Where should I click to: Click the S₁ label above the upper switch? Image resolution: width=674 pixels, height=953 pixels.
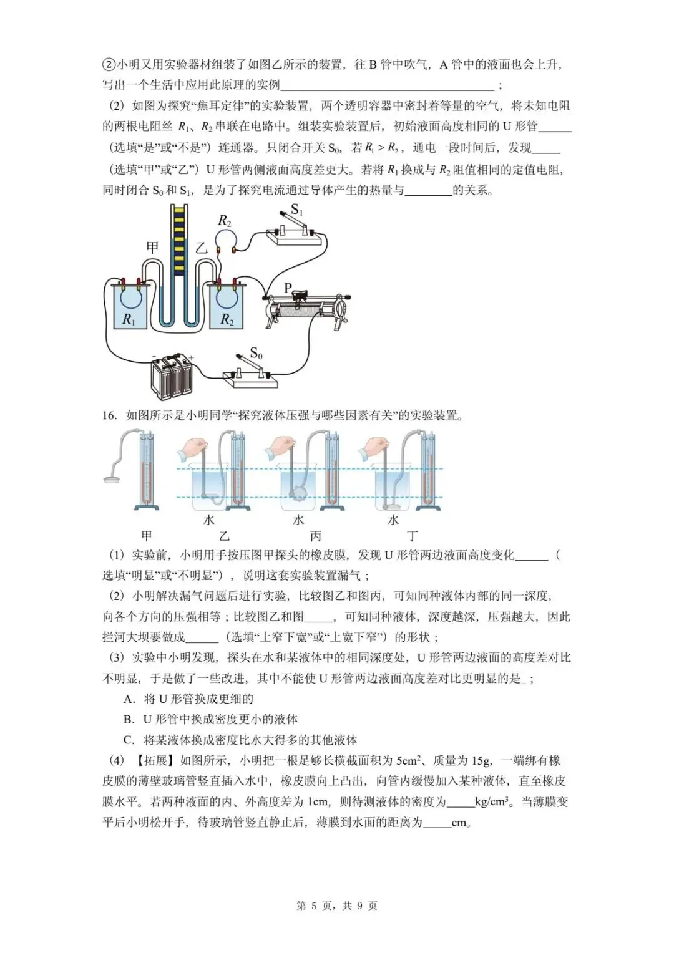click(297, 210)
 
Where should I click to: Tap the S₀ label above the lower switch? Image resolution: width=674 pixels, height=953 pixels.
click(256, 354)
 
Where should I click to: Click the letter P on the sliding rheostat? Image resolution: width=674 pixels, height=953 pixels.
click(288, 288)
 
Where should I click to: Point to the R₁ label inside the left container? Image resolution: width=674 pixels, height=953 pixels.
click(129, 320)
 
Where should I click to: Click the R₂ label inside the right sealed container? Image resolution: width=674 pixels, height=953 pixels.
click(227, 320)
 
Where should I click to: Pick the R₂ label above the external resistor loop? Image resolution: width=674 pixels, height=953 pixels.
click(224, 221)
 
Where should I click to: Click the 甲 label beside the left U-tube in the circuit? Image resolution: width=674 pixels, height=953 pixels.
click(152, 248)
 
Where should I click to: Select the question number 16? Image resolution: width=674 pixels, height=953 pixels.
click(109, 415)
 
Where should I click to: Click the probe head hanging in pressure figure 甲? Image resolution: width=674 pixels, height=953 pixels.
click(112, 479)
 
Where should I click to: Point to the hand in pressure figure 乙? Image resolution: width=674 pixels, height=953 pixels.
click(195, 447)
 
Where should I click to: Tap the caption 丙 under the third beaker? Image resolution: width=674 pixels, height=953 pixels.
click(316, 536)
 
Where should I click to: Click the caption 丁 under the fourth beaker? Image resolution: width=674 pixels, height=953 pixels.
click(413, 536)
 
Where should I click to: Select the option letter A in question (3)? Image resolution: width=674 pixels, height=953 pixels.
click(129, 699)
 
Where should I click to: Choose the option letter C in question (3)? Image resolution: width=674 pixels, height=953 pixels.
click(129, 740)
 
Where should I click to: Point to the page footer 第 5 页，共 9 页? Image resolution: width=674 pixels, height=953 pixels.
click(336, 906)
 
